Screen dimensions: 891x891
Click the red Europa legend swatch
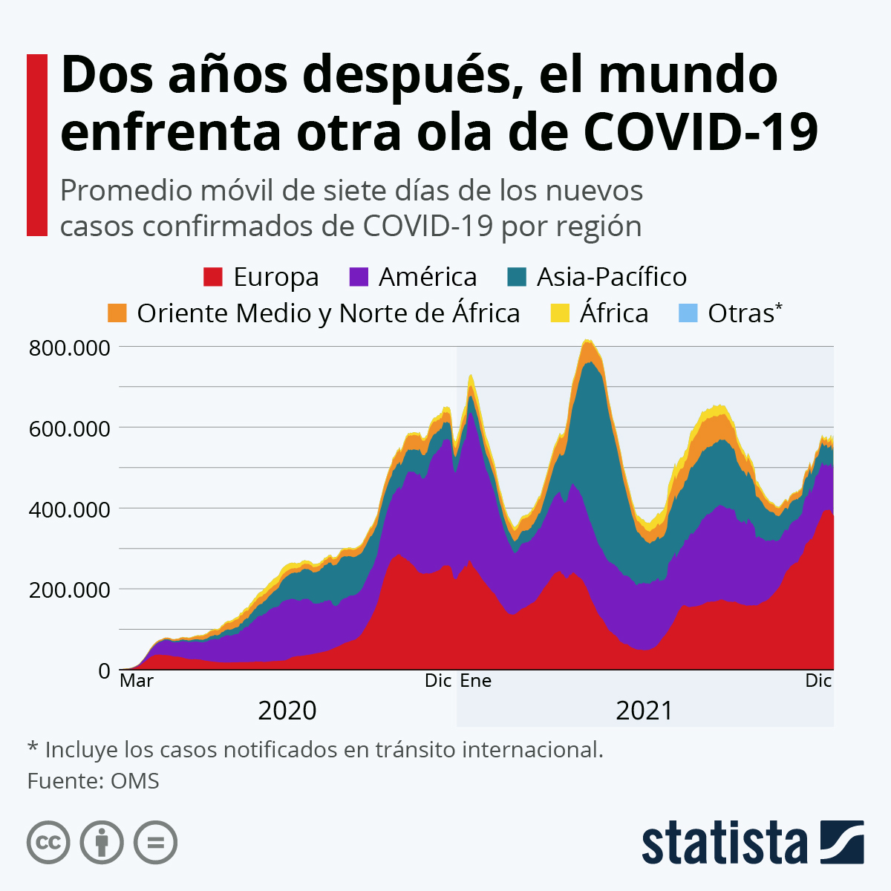[x=213, y=277]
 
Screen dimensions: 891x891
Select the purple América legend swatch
[x=359, y=277]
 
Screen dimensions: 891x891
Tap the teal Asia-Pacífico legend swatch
[x=517, y=277]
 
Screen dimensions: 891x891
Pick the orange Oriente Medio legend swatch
[x=117, y=313]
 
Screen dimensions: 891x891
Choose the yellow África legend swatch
[x=560, y=313]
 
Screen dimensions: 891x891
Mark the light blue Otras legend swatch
[x=688, y=313]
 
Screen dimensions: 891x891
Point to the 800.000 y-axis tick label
[x=69, y=347]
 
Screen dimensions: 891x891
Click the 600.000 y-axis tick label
[x=69, y=428]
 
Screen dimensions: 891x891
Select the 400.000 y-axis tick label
[x=69, y=509]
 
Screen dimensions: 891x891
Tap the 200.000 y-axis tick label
[x=69, y=590]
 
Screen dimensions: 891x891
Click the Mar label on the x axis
[x=137, y=681]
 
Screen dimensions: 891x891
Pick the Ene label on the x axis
[x=476, y=681]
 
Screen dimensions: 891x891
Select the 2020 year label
[x=287, y=711]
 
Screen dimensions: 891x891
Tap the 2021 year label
[x=644, y=711]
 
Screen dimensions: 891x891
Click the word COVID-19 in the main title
[x=701, y=132]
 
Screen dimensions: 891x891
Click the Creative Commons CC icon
[x=49, y=843]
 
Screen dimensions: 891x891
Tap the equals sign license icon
[x=155, y=843]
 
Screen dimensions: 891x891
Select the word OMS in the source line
[x=134, y=781]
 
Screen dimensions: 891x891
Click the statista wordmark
[x=724, y=843]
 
